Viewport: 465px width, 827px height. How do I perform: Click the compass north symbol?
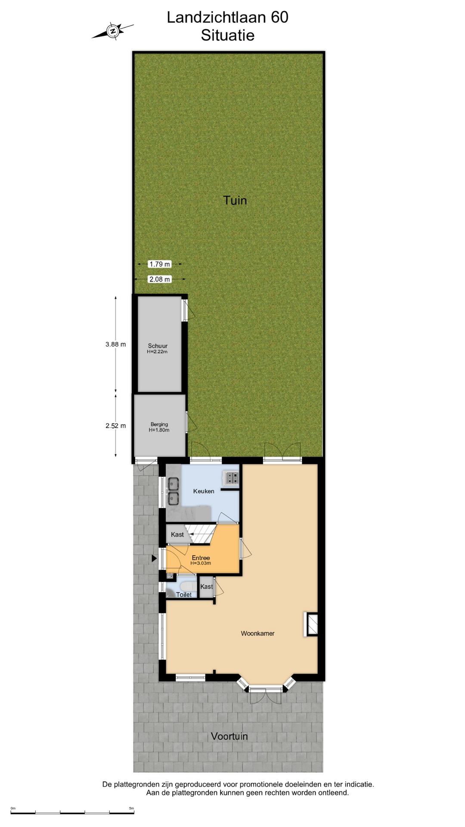click(113, 31)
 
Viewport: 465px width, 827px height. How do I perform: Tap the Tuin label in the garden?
click(235, 200)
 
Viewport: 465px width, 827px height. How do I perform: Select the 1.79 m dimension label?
click(160, 264)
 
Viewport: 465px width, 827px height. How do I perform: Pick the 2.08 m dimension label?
click(160, 279)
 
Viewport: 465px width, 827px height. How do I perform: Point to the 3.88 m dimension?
click(115, 344)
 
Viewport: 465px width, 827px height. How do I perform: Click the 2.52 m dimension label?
click(115, 426)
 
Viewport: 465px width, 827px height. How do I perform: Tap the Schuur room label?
click(158, 346)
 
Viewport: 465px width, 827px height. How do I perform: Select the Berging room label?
click(159, 424)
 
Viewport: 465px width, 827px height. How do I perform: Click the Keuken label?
click(204, 491)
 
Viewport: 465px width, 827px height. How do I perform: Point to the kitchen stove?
click(231, 478)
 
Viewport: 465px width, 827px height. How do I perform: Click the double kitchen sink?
click(174, 491)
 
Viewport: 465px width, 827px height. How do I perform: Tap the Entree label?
click(201, 558)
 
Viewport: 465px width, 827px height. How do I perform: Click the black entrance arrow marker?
click(154, 559)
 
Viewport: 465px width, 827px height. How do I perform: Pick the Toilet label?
click(184, 595)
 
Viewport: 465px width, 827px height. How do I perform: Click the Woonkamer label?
click(257, 634)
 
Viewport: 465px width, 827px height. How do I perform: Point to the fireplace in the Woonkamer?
click(311, 624)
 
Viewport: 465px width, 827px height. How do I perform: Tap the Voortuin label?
click(229, 736)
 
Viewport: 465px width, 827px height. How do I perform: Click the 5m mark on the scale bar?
click(132, 808)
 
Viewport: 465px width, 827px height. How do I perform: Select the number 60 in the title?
click(279, 17)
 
